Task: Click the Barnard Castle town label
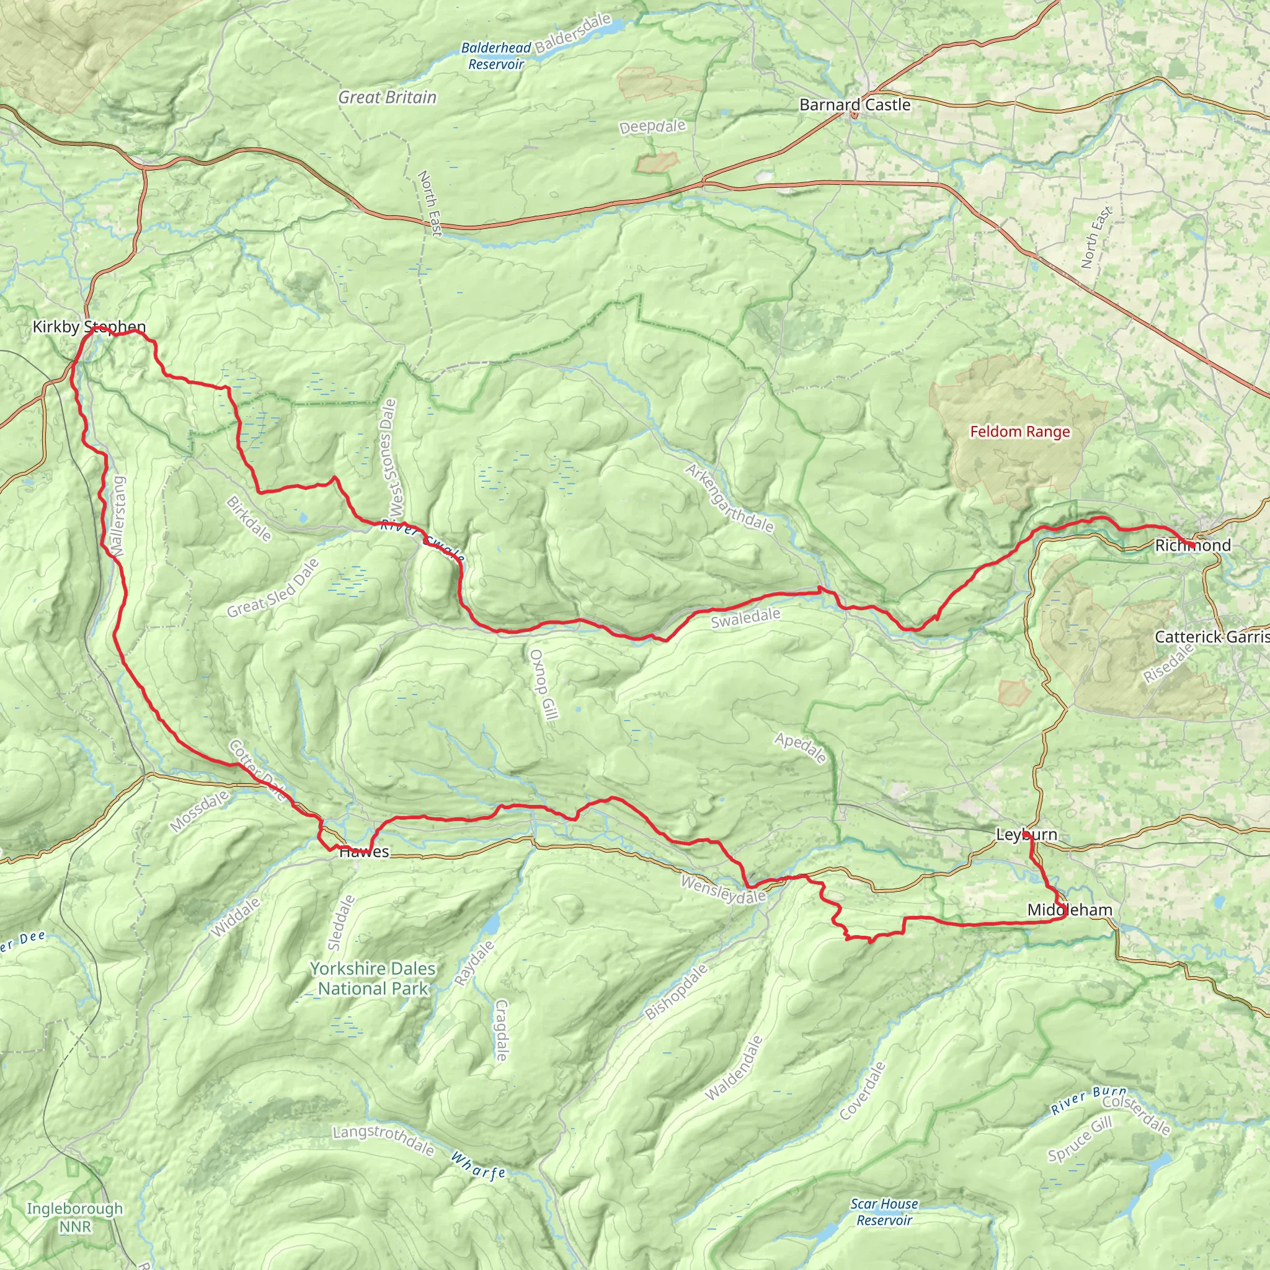click(855, 105)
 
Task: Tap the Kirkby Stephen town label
click(89, 327)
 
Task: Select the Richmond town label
click(1192, 545)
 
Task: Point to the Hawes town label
click(364, 852)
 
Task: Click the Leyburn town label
click(1026, 835)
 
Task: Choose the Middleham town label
click(1070, 910)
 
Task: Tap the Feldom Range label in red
click(1019, 432)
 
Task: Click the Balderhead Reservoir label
click(495, 56)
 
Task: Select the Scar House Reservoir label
click(884, 1212)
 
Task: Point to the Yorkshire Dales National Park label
click(373, 978)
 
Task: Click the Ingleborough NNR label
click(75, 1217)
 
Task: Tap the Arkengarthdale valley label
click(729, 497)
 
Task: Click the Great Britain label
click(387, 97)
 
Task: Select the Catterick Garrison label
click(1211, 636)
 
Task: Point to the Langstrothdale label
click(383, 1140)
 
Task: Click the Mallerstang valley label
click(118, 517)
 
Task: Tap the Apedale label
click(800, 748)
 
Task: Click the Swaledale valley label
click(745, 618)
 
